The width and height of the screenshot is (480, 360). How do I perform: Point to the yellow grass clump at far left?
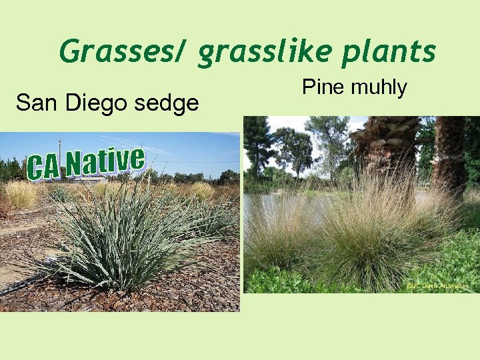pos(20,194)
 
